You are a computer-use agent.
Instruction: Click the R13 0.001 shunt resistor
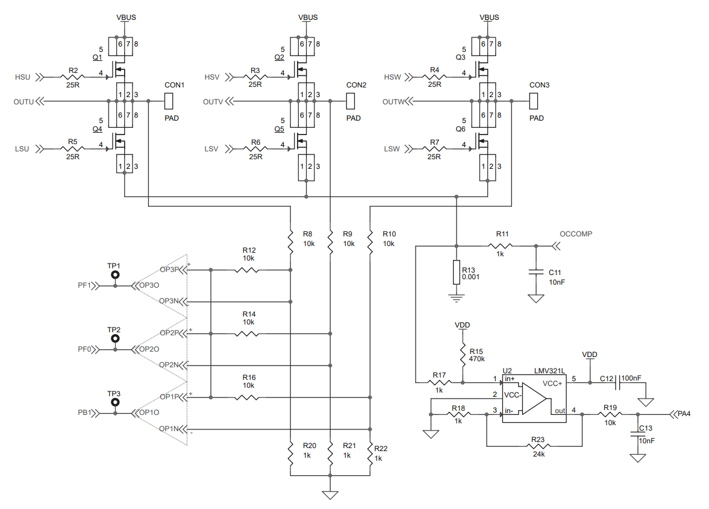click(456, 273)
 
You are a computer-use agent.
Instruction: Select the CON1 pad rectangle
click(170, 101)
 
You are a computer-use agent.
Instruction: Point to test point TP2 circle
click(114, 340)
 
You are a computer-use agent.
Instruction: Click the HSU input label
click(22, 77)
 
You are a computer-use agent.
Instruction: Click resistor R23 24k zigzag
click(538, 446)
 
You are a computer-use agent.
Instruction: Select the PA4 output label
click(683, 414)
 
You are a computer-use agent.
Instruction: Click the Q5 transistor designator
click(279, 129)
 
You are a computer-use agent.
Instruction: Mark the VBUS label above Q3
click(489, 17)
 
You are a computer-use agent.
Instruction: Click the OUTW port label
click(393, 102)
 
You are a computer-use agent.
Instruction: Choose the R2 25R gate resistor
click(73, 77)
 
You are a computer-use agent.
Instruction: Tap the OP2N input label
click(169, 365)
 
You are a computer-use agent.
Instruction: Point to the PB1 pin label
click(84, 413)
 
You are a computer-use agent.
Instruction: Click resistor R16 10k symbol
click(247, 397)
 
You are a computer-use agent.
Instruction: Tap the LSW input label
click(392, 149)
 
